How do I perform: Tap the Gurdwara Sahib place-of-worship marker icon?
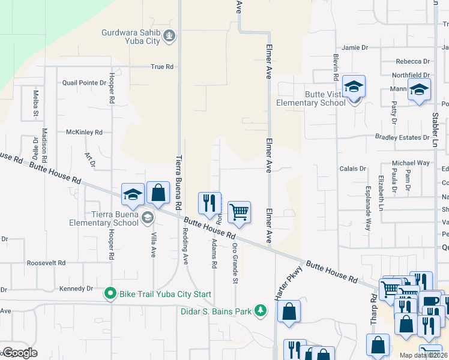(170, 36)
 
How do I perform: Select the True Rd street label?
(162, 67)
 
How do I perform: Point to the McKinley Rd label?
(84, 132)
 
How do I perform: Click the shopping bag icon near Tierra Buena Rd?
(158, 193)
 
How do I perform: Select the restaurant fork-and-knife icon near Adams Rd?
(209, 203)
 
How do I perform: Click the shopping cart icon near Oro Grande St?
(239, 212)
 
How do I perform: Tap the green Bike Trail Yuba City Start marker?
(110, 294)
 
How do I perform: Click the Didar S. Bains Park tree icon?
(261, 310)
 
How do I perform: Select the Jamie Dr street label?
(354, 47)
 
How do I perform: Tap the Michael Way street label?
(411, 163)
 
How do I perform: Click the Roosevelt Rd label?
(46, 263)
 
